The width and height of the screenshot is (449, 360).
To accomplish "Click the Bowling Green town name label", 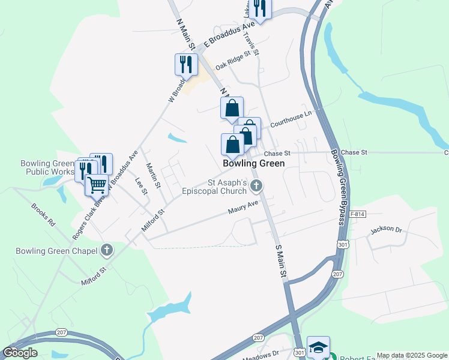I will tap(253, 163).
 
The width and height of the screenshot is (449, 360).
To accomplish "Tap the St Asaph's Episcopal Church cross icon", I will tap(256, 186).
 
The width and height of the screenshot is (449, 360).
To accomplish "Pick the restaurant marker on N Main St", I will tap(186, 64).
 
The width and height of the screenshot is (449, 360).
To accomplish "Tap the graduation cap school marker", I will tap(318, 347).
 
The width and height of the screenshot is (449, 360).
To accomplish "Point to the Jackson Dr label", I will tap(386, 229).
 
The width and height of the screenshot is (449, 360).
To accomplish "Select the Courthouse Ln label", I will tap(291, 118).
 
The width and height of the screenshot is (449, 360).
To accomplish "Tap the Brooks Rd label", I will tap(43, 215).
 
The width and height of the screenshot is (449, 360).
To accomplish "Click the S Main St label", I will tap(279, 260).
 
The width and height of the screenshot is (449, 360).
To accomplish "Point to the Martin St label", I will tap(154, 176).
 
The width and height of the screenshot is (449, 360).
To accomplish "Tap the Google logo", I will tap(20, 353).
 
